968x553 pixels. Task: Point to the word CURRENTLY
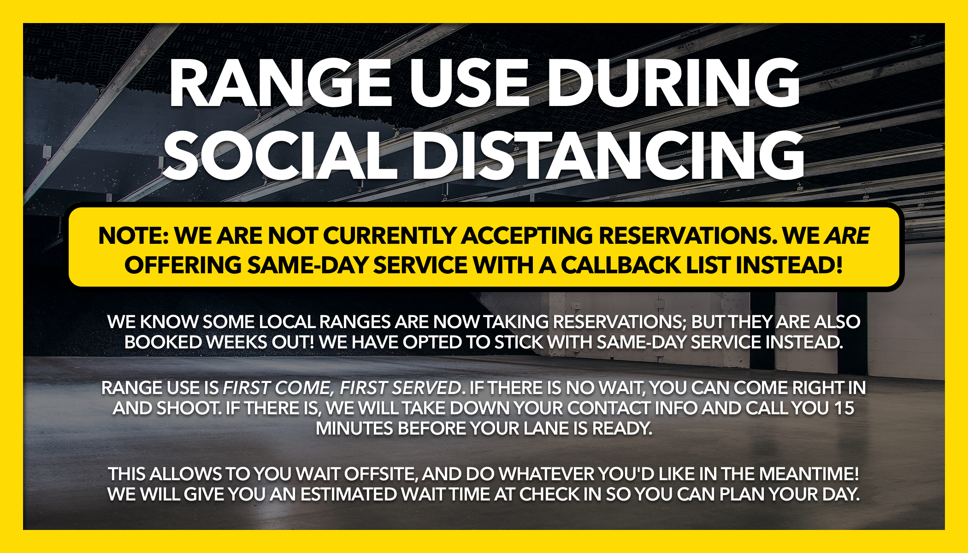click(x=389, y=236)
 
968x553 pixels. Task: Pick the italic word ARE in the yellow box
click(x=847, y=236)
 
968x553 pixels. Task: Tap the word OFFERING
click(x=183, y=265)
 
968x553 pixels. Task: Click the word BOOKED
click(x=163, y=342)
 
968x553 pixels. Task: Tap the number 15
click(x=844, y=408)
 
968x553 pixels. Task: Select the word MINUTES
click(x=354, y=429)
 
